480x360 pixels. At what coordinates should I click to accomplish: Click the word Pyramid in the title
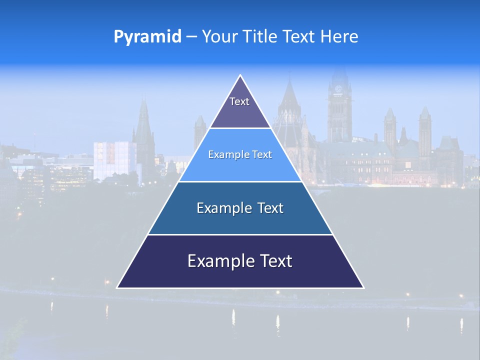[x=147, y=37]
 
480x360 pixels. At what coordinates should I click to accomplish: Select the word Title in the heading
[x=262, y=36]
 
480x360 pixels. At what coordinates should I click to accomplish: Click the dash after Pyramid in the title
[x=191, y=37]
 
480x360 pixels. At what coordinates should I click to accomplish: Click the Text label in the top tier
[x=239, y=101]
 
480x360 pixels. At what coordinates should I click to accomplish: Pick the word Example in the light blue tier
[x=225, y=154]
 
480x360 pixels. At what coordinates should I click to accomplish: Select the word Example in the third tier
[x=221, y=208]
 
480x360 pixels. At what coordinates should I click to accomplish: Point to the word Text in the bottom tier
[x=274, y=261]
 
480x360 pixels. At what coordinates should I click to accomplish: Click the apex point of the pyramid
[x=240, y=75]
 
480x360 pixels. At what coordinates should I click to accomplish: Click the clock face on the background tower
[x=338, y=89]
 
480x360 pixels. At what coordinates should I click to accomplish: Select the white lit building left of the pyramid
[x=114, y=160]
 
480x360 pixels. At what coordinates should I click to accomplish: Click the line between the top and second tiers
[x=240, y=128]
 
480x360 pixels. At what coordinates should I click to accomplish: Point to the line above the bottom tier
[x=240, y=234]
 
